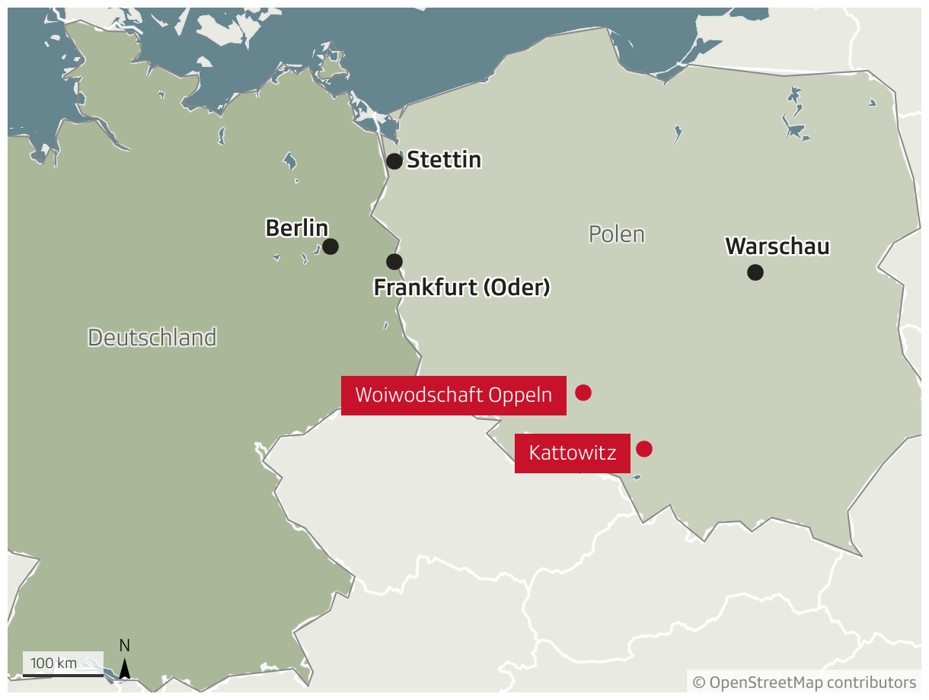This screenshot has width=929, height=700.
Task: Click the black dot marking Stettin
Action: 394,161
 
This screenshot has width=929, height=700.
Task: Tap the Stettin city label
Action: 444,160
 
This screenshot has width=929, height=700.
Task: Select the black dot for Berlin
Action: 330,247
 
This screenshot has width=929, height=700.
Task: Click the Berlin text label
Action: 296,228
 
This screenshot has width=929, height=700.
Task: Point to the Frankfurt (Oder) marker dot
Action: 394,262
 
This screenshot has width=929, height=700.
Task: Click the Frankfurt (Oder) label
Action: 461,288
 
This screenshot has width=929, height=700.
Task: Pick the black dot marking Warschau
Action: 755,272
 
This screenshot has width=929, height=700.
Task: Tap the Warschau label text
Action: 777,247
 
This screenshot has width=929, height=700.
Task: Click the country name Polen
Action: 617,234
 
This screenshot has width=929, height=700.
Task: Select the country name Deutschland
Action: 152,337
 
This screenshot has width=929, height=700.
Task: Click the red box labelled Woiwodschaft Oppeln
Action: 453,396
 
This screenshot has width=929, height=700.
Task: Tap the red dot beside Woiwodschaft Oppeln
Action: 583,393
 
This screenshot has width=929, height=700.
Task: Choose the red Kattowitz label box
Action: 572,453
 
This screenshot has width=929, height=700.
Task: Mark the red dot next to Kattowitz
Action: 644,449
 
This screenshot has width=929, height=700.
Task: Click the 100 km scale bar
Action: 62,673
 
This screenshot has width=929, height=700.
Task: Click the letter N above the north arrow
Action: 125,646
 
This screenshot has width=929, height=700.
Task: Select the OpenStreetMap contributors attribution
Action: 804,682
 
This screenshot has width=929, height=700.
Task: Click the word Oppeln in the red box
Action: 520,396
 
